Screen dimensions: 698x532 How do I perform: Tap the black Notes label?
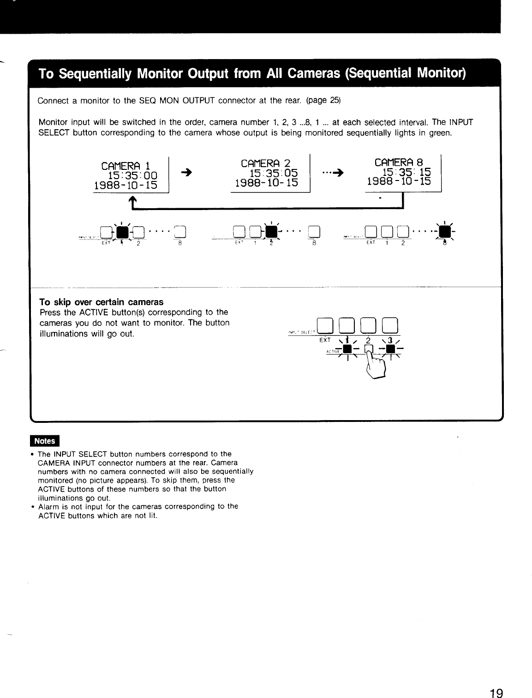[45, 441]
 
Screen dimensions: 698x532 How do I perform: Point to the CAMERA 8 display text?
[399, 162]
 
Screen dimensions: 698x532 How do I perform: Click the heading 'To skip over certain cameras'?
[102, 302]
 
